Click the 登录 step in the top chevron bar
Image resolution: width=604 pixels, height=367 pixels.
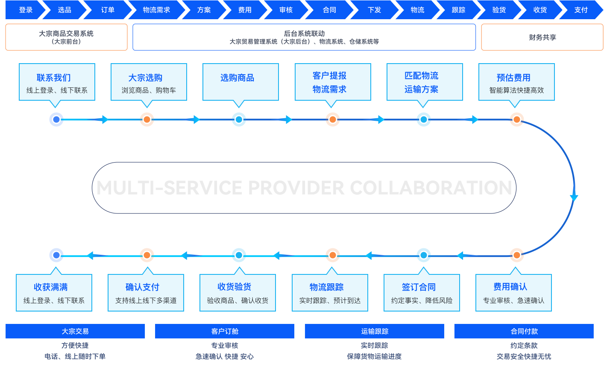[x=26, y=10]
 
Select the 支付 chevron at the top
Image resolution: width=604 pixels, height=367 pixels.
[x=581, y=10]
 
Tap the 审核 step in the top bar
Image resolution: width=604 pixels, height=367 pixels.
[x=286, y=10]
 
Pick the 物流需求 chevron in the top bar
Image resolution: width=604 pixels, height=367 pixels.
[x=156, y=10]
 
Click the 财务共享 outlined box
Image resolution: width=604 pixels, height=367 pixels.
[x=542, y=37]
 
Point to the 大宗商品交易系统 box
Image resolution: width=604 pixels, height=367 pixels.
[x=66, y=37]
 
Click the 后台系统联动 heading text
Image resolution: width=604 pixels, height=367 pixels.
[x=304, y=33]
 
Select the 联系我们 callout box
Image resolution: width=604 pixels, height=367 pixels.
[x=57, y=82]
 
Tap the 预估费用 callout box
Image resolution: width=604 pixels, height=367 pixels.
[x=516, y=82]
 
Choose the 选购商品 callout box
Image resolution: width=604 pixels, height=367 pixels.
[x=240, y=82]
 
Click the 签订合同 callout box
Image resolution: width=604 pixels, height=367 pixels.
[x=422, y=293]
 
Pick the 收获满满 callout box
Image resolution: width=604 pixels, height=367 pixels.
[x=54, y=293]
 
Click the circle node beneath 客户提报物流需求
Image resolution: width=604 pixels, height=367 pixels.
[x=332, y=119]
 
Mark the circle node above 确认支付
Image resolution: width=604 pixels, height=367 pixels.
[x=147, y=255]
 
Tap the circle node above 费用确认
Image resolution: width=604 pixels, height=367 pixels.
[x=516, y=255]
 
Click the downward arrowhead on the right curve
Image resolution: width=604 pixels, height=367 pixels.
[x=574, y=198]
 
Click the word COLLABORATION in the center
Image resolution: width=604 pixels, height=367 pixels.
[x=431, y=188]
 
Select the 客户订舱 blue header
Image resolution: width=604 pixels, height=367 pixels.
[x=225, y=331]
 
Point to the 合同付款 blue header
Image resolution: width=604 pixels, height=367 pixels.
[x=524, y=331]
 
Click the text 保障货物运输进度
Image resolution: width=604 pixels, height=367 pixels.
[x=374, y=356]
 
